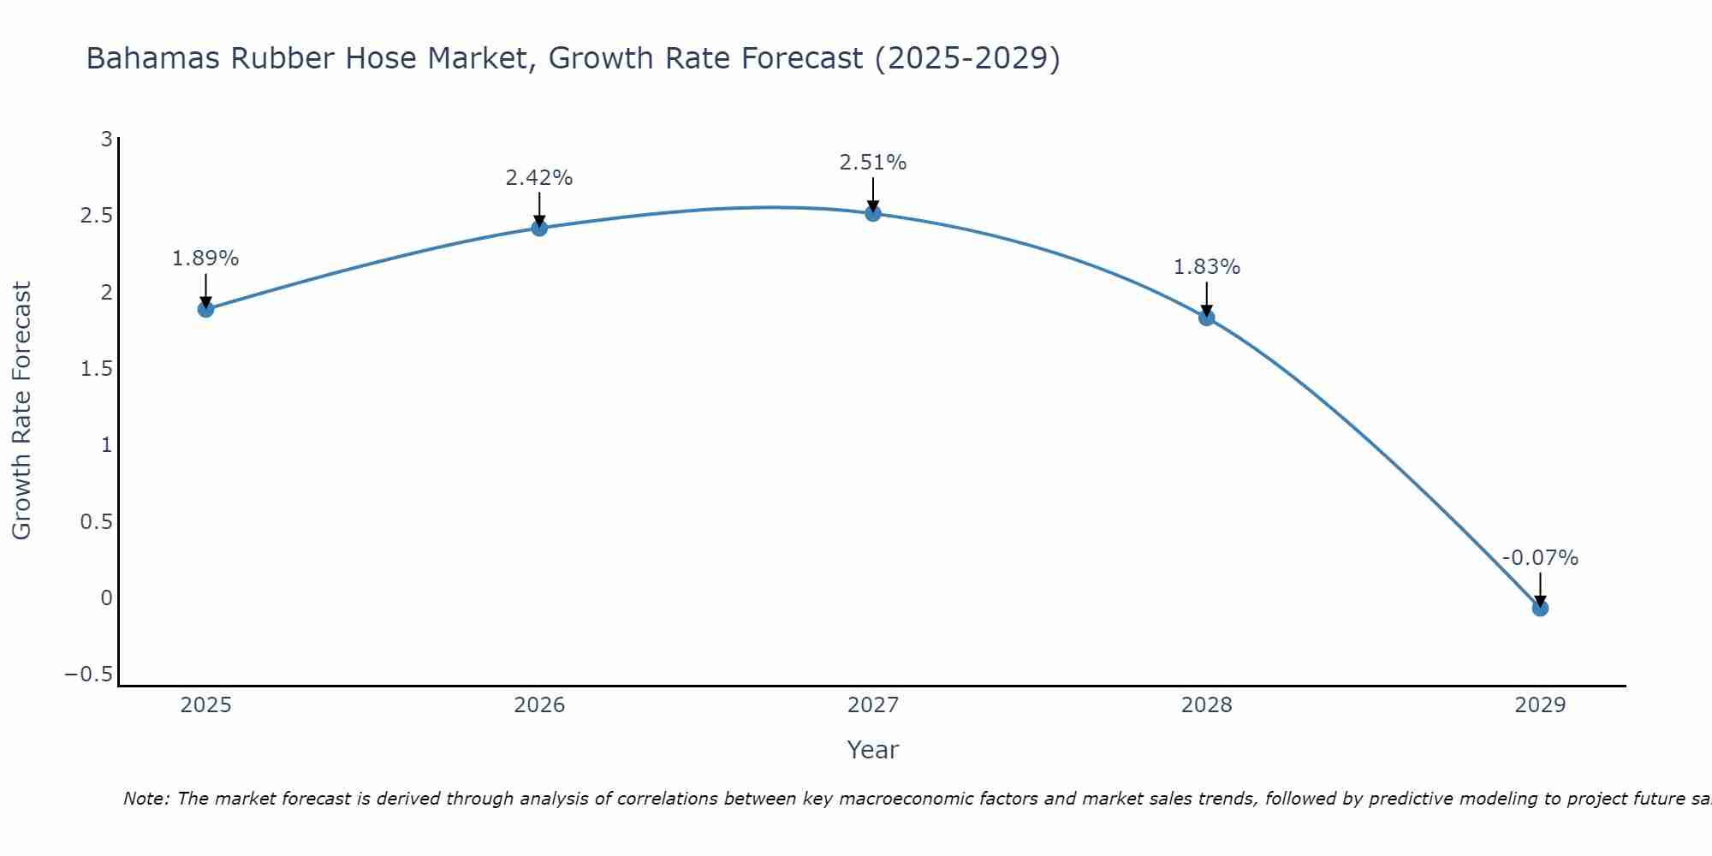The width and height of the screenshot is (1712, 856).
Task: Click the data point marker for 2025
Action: coord(205,309)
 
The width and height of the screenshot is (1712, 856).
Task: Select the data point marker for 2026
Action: coord(539,228)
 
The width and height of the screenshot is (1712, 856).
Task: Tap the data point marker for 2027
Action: coord(873,213)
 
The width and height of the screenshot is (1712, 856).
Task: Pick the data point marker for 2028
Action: coord(1207,318)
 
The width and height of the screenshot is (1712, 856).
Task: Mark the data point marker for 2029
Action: coord(1540,608)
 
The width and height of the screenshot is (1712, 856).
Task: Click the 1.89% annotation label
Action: coord(205,259)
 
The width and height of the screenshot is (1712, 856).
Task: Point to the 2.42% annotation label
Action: coord(539,178)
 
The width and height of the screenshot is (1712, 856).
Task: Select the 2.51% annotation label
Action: coord(873,163)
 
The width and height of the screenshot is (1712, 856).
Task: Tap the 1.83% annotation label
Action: coord(1207,267)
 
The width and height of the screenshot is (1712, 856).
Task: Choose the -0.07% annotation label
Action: coord(1540,558)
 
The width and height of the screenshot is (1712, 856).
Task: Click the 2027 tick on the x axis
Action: coord(873,705)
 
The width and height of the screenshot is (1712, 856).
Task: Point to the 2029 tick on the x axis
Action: coord(1540,705)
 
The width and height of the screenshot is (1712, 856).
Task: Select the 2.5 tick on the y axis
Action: coord(97,215)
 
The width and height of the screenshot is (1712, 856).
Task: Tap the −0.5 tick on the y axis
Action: coord(89,675)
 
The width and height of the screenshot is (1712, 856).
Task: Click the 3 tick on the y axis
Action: coord(107,139)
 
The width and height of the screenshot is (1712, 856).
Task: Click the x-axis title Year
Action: coord(873,750)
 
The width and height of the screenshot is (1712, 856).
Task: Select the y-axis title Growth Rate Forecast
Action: coord(22,411)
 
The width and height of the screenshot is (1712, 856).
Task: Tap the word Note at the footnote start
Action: coord(146,799)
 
